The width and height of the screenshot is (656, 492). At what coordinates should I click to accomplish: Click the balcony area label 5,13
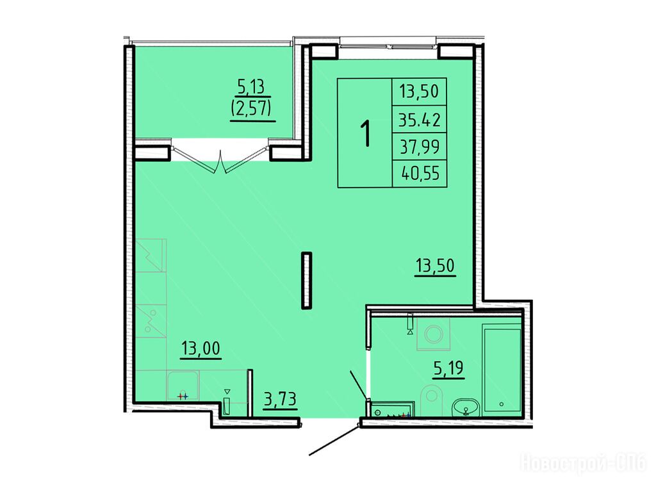(x=251, y=86)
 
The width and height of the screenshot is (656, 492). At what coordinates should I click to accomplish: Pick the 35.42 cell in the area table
(x=419, y=120)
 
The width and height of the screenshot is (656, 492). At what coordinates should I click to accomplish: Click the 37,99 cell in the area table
(x=419, y=147)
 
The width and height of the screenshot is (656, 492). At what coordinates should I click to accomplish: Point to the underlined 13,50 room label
(x=435, y=266)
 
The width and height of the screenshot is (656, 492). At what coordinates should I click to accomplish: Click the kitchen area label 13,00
(x=201, y=348)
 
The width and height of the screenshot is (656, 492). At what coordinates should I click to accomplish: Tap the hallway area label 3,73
(x=281, y=400)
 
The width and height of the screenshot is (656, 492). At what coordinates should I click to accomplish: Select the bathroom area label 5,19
(x=448, y=368)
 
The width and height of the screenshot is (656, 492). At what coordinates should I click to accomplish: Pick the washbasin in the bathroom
(x=466, y=407)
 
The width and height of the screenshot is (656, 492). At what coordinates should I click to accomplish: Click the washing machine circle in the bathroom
(x=434, y=334)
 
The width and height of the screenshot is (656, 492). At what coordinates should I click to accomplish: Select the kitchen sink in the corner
(x=183, y=386)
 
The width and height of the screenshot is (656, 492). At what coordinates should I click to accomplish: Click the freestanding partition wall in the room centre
(x=307, y=281)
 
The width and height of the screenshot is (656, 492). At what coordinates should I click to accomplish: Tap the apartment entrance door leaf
(x=334, y=439)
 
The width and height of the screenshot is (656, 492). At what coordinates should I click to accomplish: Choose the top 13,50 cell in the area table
(x=419, y=92)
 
